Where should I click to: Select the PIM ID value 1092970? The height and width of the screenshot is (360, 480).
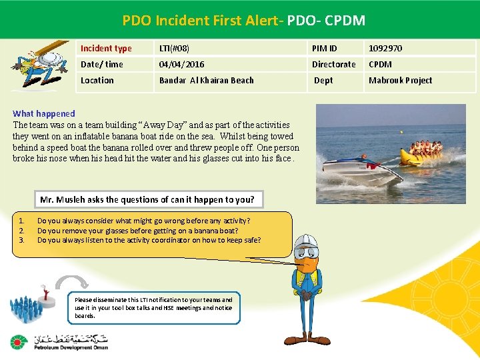(385, 49)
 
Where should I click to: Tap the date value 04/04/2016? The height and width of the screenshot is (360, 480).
(181, 65)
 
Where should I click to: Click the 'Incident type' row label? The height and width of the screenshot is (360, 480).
(106, 49)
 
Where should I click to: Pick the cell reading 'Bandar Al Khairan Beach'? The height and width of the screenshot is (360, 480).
(206, 81)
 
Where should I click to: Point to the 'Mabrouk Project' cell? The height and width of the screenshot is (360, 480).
(400, 81)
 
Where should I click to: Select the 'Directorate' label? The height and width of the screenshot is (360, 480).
(334, 65)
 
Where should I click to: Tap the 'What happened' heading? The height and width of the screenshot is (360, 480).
(44, 114)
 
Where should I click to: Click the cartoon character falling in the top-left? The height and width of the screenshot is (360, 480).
(40, 63)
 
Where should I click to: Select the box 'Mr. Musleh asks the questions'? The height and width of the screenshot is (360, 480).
(147, 199)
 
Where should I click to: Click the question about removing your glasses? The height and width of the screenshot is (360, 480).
(129, 231)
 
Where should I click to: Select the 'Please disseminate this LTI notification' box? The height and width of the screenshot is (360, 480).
(154, 308)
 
